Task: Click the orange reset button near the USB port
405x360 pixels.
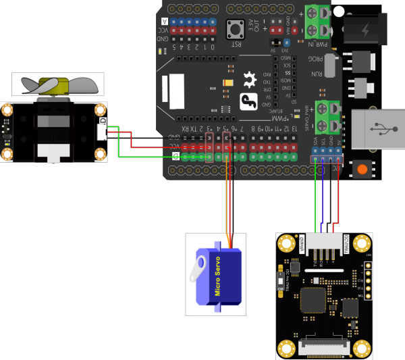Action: (363, 169)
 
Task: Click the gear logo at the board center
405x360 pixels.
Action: (250, 80)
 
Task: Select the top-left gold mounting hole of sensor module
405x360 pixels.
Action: (288, 242)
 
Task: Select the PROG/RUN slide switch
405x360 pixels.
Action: (330, 66)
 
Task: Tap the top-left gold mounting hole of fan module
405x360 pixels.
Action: (7, 110)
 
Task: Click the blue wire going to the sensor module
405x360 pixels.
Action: (325, 196)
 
